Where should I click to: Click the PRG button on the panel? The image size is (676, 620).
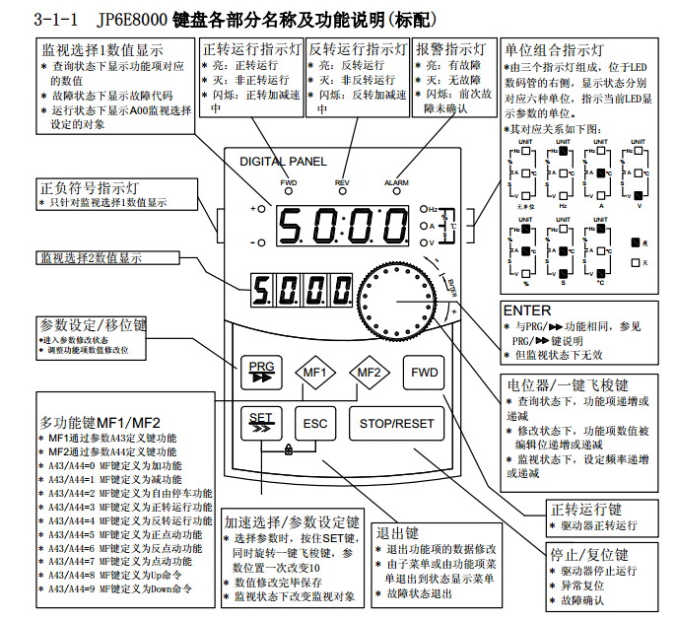point(260,372)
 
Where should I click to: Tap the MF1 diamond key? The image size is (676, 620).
point(314,373)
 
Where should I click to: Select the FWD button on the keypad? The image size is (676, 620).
point(425,373)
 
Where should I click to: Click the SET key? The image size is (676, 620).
point(260,424)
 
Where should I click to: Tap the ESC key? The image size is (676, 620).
point(314,424)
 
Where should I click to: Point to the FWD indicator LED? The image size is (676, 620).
point(288,193)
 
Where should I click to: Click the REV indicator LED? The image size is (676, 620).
point(342,193)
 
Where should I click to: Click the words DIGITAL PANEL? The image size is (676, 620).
point(280,161)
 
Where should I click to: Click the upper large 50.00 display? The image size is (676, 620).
point(333,226)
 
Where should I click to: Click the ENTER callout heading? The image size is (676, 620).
point(526,310)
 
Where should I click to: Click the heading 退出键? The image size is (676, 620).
point(400,531)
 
